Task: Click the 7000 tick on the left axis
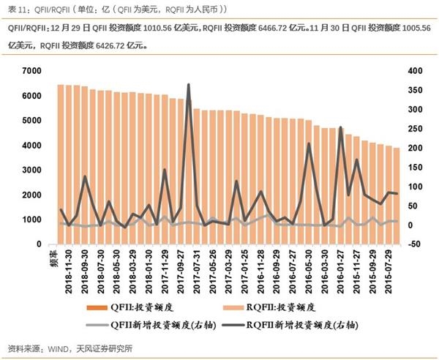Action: [32, 70]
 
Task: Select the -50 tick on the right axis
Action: [416, 244]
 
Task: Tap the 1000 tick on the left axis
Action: [32, 220]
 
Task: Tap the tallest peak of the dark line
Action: [189, 85]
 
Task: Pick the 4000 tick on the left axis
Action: [32, 145]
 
